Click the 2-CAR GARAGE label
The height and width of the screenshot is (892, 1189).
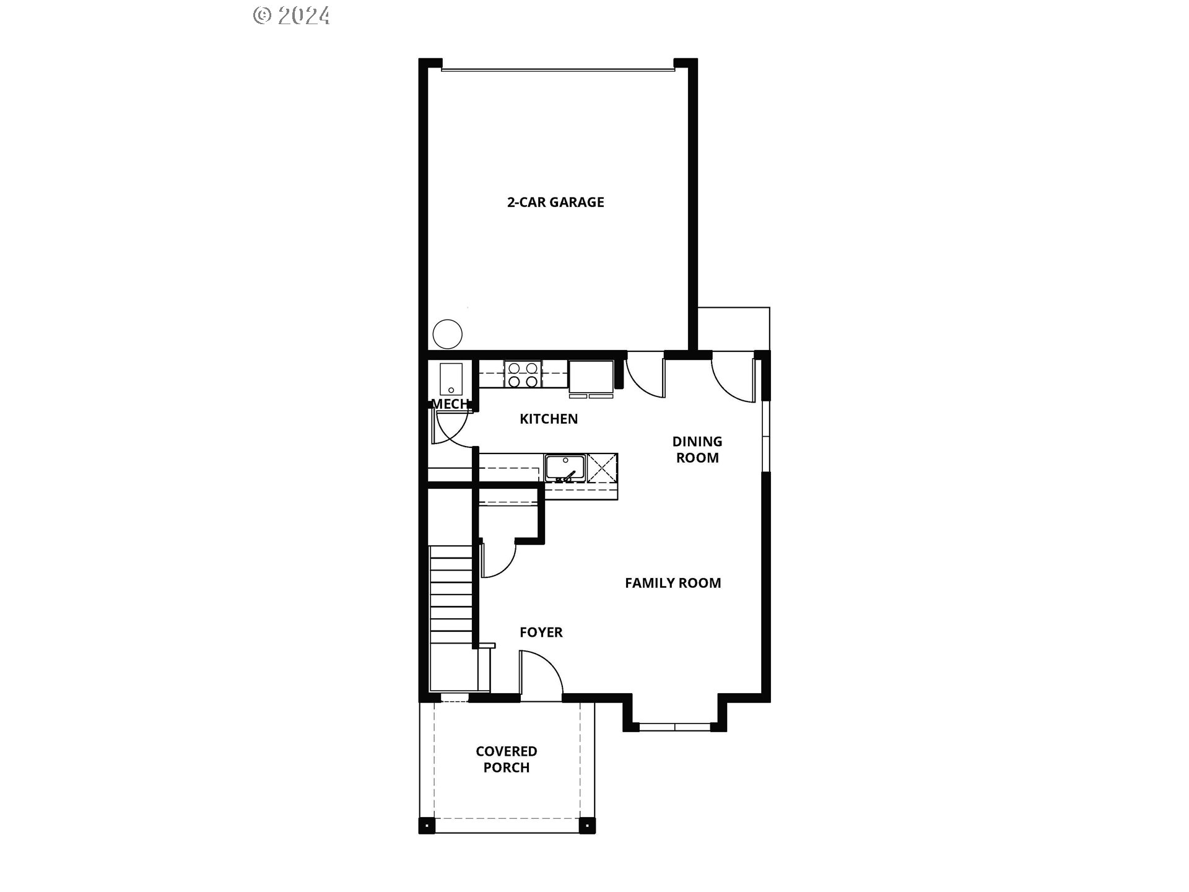[x=555, y=202]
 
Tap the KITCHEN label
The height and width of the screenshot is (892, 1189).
[x=549, y=419]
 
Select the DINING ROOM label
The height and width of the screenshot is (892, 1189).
[x=697, y=449]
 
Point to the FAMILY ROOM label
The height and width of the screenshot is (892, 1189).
[x=673, y=583]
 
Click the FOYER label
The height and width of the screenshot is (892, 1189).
[x=541, y=632]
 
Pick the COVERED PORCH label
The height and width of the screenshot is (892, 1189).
[x=506, y=759]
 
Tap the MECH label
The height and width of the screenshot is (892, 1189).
[x=450, y=404]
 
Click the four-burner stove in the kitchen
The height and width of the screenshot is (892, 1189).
[x=523, y=375]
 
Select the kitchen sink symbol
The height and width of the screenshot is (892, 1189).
[x=565, y=466]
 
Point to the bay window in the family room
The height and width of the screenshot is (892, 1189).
[x=674, y=726]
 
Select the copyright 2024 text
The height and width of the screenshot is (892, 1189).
[x=292, y=15]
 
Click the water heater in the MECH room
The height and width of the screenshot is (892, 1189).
[x=451, y=378]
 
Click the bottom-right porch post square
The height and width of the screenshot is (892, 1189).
[x=586, y=826]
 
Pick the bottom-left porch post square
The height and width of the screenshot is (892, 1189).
[x=427, y=826]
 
